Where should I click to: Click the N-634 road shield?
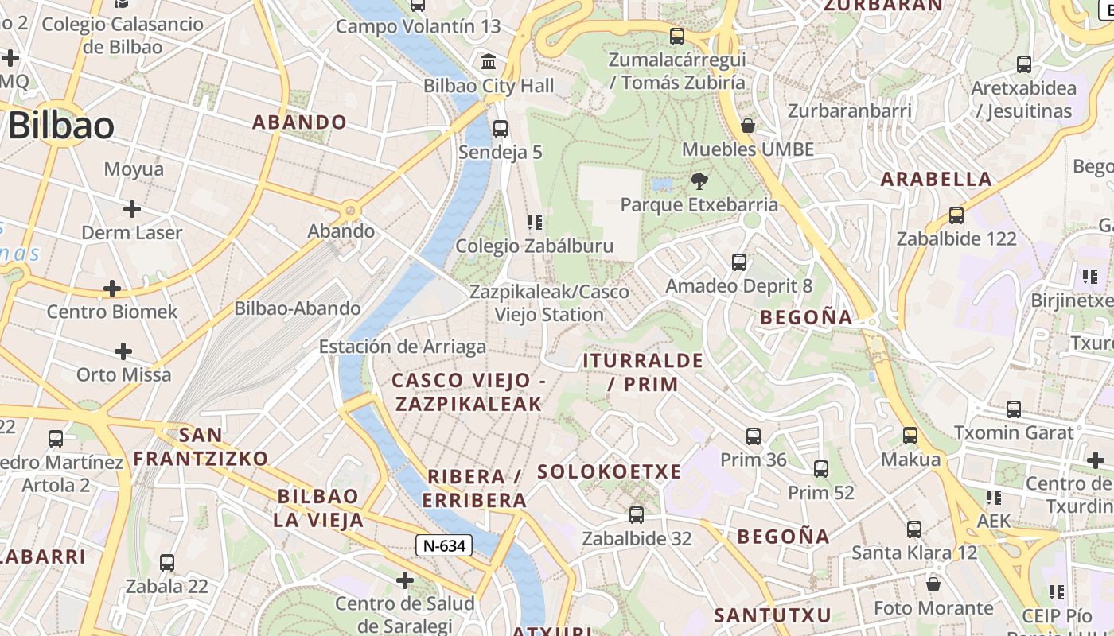pos(443,545)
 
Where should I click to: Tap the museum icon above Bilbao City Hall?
pos(489,61)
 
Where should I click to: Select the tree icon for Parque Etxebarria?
pos(699,180)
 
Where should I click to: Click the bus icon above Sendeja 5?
pos(501,128)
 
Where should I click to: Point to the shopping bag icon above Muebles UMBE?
pos(747,126)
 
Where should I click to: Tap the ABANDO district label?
pos(299,122)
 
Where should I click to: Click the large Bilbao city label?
pos(61,126)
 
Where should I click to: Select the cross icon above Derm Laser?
pos(132,209)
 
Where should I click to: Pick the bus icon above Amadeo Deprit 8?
pos(739,262)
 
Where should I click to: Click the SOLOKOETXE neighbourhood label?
pos(610,471)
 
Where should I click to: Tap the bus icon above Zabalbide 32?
pos(637,514)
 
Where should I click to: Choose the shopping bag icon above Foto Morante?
pos(933,584)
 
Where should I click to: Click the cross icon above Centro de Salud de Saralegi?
pos(405,580)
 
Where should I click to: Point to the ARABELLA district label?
pos(937,179)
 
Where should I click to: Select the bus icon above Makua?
pos(910,436)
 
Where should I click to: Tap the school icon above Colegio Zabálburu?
pos(534,222)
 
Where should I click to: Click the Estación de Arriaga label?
pos(402,347)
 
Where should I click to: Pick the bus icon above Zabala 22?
pos(167,563)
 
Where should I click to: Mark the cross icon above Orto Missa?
pos(123,351)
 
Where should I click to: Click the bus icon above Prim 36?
pos(754,436)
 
